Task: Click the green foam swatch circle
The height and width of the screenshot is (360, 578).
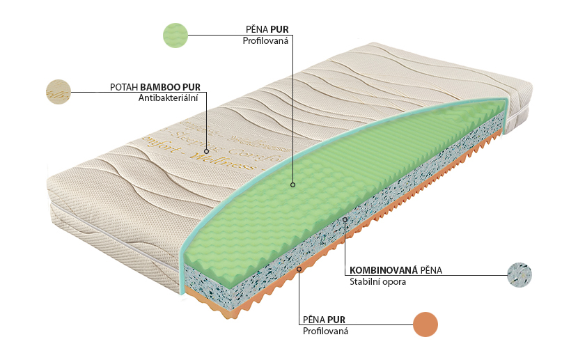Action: click(175, 35)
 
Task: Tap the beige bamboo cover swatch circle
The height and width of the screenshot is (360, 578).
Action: click(58, 92)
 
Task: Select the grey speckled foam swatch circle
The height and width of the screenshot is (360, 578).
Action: click(520, 275)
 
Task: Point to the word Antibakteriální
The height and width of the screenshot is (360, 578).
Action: click(169, 98)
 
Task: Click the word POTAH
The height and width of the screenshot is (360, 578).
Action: click(124, 87)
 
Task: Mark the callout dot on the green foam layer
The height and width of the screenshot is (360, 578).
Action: click(293, 185)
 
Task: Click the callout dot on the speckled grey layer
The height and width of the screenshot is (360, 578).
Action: click(345, 219)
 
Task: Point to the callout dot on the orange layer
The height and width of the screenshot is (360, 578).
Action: click(299, 268)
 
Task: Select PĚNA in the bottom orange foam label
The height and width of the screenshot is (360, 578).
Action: click(314, 320)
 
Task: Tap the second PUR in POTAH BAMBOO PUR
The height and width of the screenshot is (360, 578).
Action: click(191, 87)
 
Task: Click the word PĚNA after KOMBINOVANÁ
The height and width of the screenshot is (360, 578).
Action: click(430, 270)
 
